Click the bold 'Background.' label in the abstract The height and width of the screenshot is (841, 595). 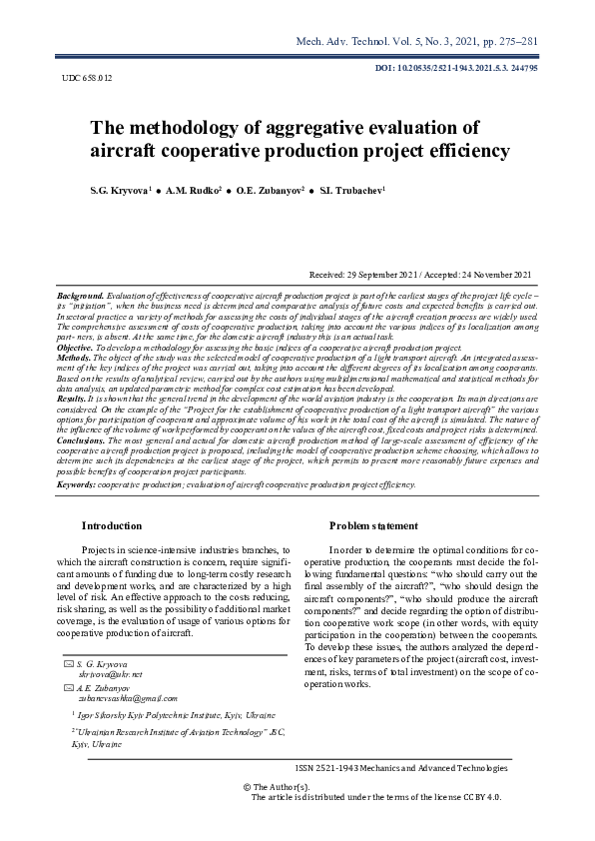click(x=81, y=297)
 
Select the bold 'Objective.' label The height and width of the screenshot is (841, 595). click(x=77, y=348)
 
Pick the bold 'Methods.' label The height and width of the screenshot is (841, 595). click(x=75, y=357)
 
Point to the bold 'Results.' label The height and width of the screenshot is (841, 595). click(x=73, y=399)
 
